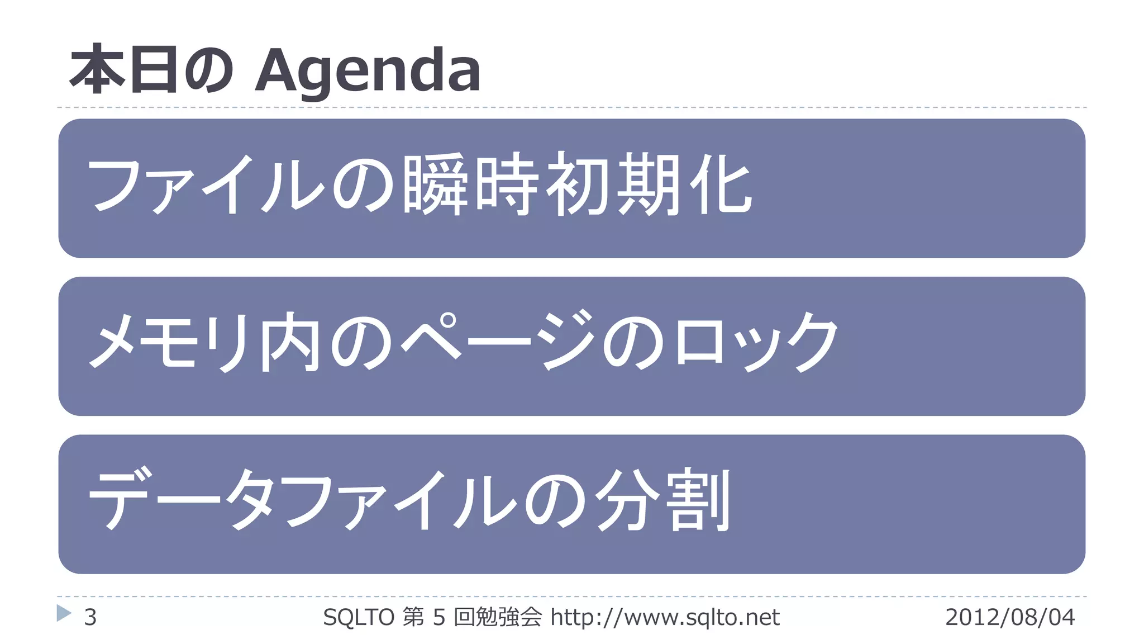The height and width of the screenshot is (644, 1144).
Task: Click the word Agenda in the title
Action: pyautogui.click(x=368, y=71)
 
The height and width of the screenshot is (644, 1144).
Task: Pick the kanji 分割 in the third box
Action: pyautogui.click(x=662, y=499)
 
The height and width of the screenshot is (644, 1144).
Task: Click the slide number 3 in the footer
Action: pyautogui.click(x=90, y=617)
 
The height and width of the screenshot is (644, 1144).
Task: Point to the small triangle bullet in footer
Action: pyautogui.click(x=64, y=613)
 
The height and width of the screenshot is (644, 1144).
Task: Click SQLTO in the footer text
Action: pyautogui.click(x=359, y=617)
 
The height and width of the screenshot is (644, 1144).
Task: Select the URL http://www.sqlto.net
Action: pyautogui.click(x=665, y=617)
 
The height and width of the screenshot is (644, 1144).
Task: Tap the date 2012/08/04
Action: pyautogui.click(x=1009, y=617)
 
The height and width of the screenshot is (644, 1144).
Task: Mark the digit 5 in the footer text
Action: pyautogui.click(x=439, y=617)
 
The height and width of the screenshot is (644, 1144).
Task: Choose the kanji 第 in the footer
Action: pyautogui.click(x=413, y=617)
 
